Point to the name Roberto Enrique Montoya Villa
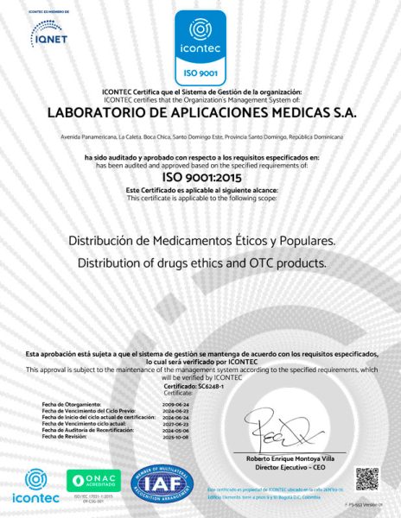click(296, 458)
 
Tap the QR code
click(367, 479)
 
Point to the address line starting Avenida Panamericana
click(200, 137)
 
